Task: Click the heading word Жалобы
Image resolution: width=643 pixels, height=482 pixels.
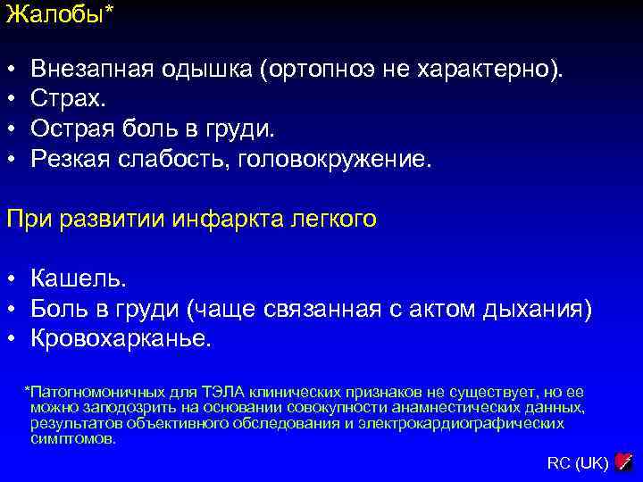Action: tap(54, 15)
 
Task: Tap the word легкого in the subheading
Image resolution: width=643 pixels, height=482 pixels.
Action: tap(332, 220)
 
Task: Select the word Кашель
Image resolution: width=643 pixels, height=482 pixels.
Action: tap(78, 279)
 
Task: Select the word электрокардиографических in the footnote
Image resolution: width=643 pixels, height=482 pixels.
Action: tap(461, 423)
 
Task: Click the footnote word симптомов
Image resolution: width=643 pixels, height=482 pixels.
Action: tap(72, 439)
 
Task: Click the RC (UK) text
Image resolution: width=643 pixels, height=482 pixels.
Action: tap(577, 462)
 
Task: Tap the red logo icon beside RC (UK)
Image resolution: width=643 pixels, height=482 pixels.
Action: tap(624, 461)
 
